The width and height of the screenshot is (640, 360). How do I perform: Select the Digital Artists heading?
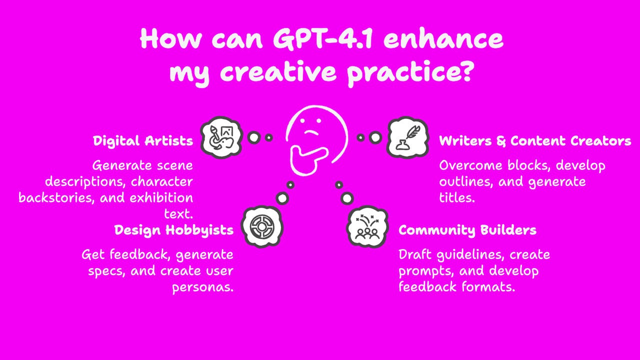click(143, 141)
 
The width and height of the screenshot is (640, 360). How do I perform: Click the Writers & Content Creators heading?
click(535, 141)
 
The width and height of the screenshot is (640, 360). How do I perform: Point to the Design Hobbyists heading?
click(174, 230)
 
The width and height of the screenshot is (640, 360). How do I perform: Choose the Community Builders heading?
click(467, 230)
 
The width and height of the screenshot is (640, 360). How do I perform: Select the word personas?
click(203, 288)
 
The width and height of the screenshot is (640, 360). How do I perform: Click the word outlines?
click(466, 181)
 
